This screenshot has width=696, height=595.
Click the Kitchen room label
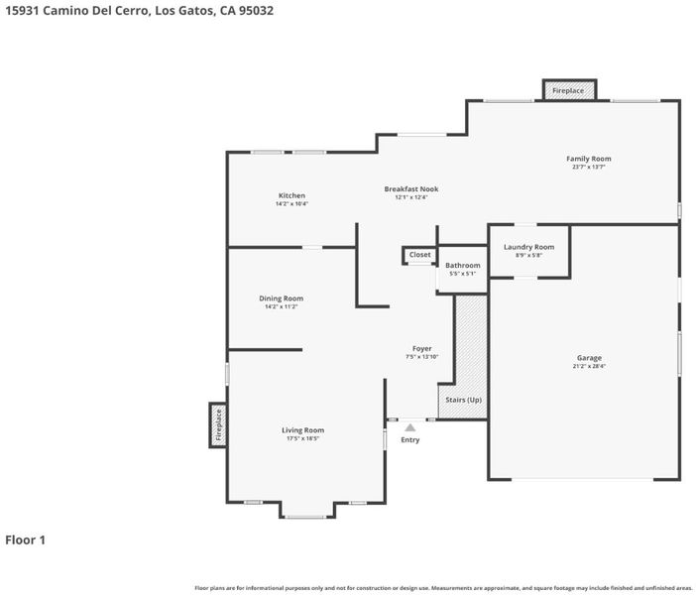click(x=291, y=195)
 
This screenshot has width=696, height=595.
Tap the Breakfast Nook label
click(x=411, y=188)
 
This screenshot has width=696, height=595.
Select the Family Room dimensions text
click(x=589, y=167)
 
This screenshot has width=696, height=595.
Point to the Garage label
click(x=589, y=357)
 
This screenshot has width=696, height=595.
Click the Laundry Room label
click(x=528, y=247)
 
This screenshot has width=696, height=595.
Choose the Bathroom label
click(x=463, y=265)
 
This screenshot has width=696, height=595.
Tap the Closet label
click(x=420, y=255)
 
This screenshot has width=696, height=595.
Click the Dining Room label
click(x=281, y=298)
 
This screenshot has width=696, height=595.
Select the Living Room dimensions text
click(x=302, y=438)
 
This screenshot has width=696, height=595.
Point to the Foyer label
click(x=421, y=348)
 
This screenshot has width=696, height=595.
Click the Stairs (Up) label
click(x=463, y=400)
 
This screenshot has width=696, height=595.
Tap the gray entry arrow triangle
click(x=410, y=427)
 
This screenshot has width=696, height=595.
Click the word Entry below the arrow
click(x=410, y=439)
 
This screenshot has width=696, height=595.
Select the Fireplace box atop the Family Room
click(x=569, y=90)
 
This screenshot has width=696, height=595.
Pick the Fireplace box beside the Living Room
click(x=218, y=425)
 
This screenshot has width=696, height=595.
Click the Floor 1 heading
click(x=26, y=539)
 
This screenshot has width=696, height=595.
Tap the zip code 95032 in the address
click(x=256, y=11)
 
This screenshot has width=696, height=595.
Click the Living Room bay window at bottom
click(x=305, y=517)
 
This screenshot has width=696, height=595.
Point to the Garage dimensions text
click(x=589, y=366)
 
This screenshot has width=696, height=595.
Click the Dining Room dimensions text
click(x=281, y=306)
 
